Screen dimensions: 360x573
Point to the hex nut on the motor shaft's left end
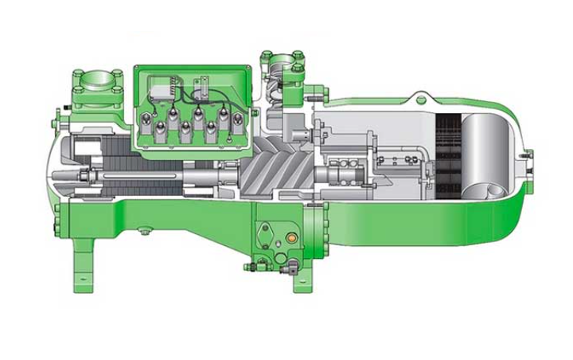(x=82, y=174)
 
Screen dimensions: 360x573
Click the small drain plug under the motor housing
(x=144, y=232)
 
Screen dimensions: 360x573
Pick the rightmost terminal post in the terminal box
(x=236, y=121)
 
